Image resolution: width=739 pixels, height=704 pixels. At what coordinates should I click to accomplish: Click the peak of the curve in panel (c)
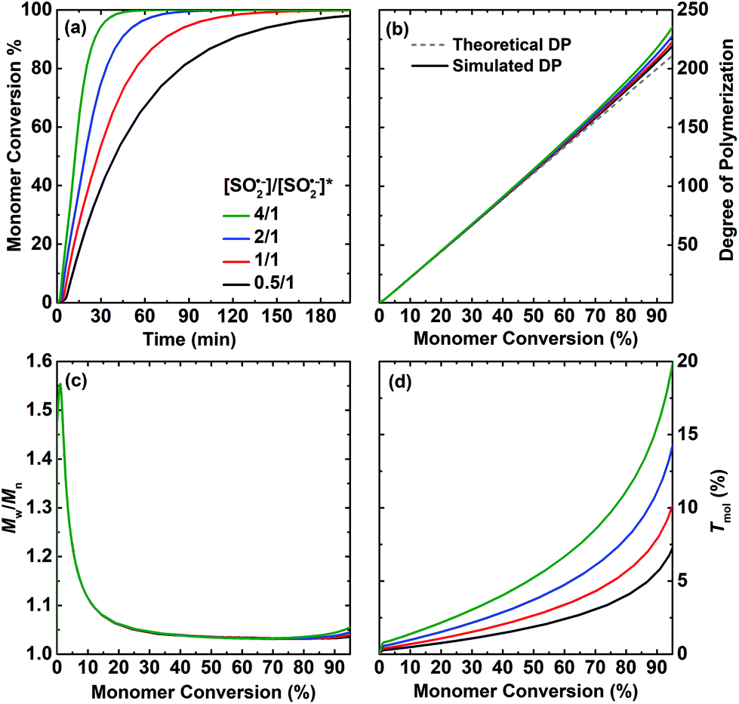[60, 384]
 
